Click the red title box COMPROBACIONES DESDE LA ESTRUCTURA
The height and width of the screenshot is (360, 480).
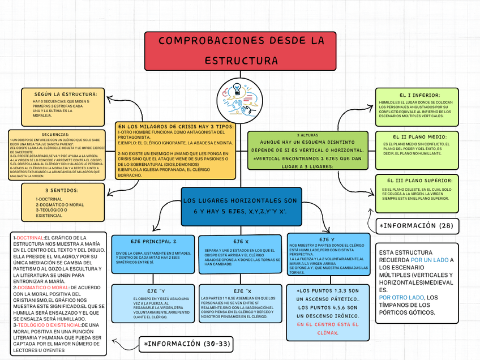click(241, 50)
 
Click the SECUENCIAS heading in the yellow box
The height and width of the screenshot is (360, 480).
click(56, 135)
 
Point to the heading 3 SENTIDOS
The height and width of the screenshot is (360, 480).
click(62, 191)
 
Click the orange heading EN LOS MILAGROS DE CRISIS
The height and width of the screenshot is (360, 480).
click(175, 126)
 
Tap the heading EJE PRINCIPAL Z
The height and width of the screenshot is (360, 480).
click(149, 241)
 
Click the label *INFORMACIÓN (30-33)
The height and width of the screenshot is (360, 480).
click(187, 344)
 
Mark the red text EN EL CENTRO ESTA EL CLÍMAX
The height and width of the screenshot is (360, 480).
click(328, 328)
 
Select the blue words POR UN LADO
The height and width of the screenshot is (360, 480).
click(429, 260)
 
